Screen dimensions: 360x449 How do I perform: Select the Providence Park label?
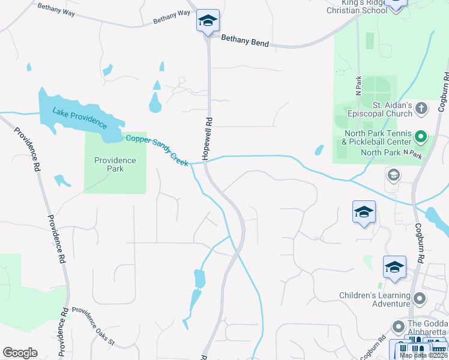tap(115, 164)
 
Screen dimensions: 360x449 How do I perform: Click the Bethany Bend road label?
tap(245, 41)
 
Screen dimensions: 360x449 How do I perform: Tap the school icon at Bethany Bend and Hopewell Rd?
tap(208, 21)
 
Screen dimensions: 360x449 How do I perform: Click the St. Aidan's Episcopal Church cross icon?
tap(421, 109)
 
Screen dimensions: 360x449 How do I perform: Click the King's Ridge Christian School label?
tap(354, 7)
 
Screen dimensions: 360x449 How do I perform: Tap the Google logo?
tap(20, 353)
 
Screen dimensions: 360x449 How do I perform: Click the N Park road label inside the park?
tap(358, 87)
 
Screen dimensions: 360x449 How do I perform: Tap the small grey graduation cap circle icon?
tap(394, 175)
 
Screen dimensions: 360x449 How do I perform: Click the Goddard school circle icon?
tap(397, 327)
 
